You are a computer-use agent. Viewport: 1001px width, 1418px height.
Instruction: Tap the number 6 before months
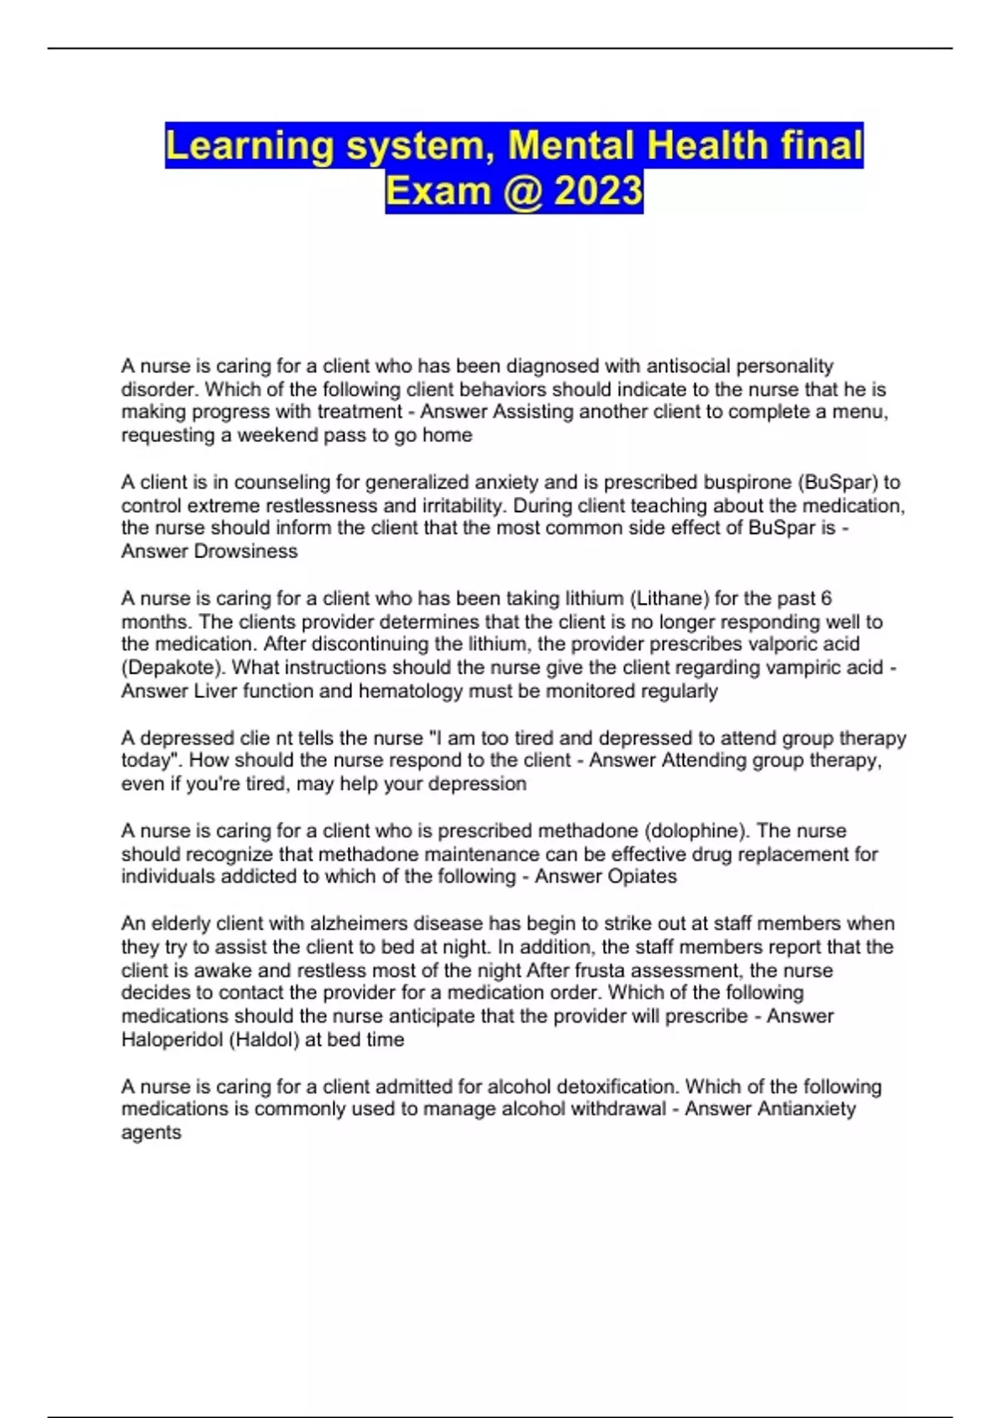pyautogui.click(x=826, y=598)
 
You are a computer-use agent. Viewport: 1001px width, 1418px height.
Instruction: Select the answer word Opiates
pyautogui.click(x=641, y=877)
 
